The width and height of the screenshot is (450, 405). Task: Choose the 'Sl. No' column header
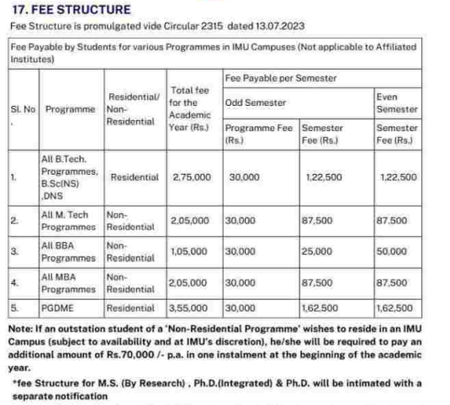click(x=21, y=110)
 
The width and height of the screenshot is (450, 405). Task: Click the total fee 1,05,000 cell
click(x=191, y=250)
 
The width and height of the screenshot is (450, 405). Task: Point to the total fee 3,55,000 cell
click(x=191, y=308)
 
